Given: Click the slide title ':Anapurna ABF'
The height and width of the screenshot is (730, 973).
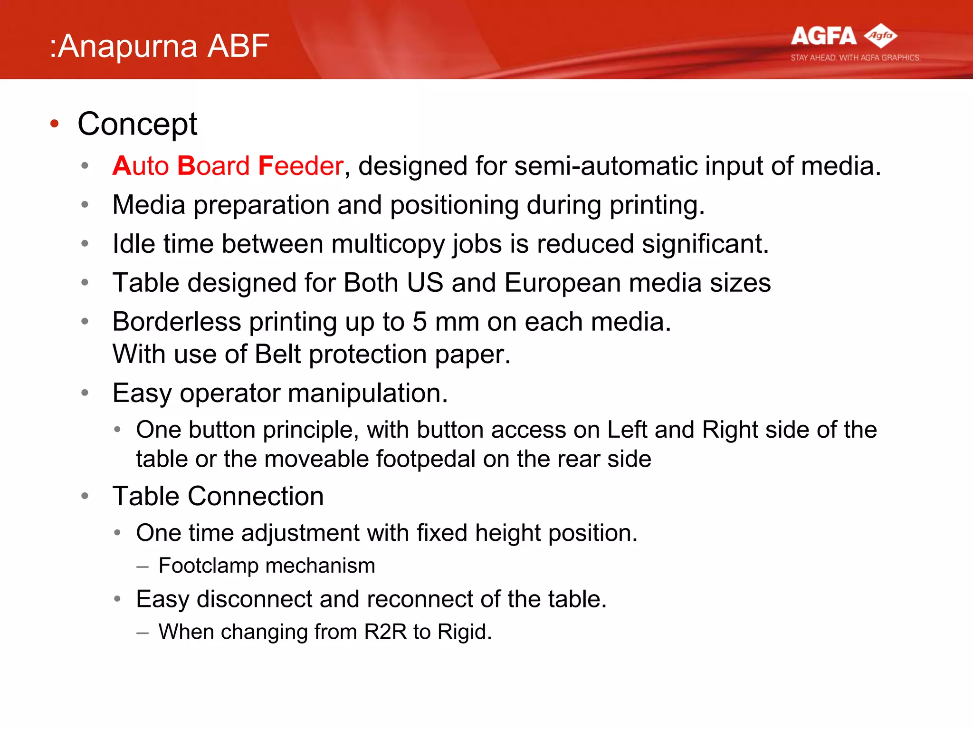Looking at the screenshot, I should [160, 46].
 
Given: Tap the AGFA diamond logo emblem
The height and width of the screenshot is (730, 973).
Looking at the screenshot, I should [880, 36].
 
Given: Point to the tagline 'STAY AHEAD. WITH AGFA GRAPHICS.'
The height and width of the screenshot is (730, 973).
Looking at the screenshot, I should [855, 58].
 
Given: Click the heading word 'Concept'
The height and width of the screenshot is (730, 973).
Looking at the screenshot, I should [137, 124].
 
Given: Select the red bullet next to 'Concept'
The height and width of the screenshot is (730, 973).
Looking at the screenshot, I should [55, 124].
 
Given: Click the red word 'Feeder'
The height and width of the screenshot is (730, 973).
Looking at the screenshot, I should [301, 166].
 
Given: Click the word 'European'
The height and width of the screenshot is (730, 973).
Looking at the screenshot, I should [563, 283].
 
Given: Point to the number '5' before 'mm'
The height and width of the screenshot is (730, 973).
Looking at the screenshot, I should [420, 322].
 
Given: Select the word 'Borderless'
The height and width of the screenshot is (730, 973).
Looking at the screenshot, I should [177, 322].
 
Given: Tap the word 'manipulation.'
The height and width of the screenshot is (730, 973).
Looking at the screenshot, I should [368, 393].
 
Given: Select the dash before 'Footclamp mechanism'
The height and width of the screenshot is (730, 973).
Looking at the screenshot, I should [142, 567].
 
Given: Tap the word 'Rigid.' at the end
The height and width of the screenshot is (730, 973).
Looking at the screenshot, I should [464, 632].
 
